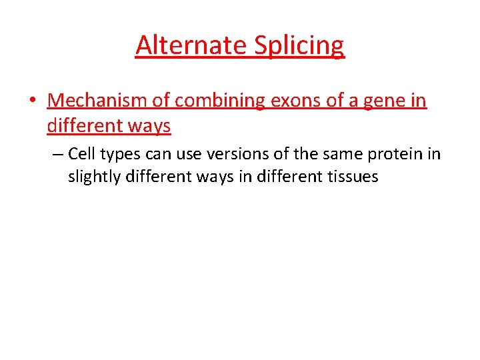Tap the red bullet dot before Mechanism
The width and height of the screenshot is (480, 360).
tap(33, 101)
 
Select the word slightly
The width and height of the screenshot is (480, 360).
tap(91, 177)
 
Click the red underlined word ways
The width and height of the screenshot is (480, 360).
tap(151, 125)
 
